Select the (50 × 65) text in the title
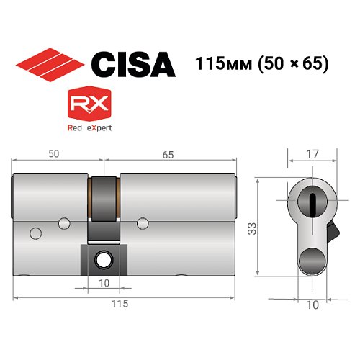tap(289, 63)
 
